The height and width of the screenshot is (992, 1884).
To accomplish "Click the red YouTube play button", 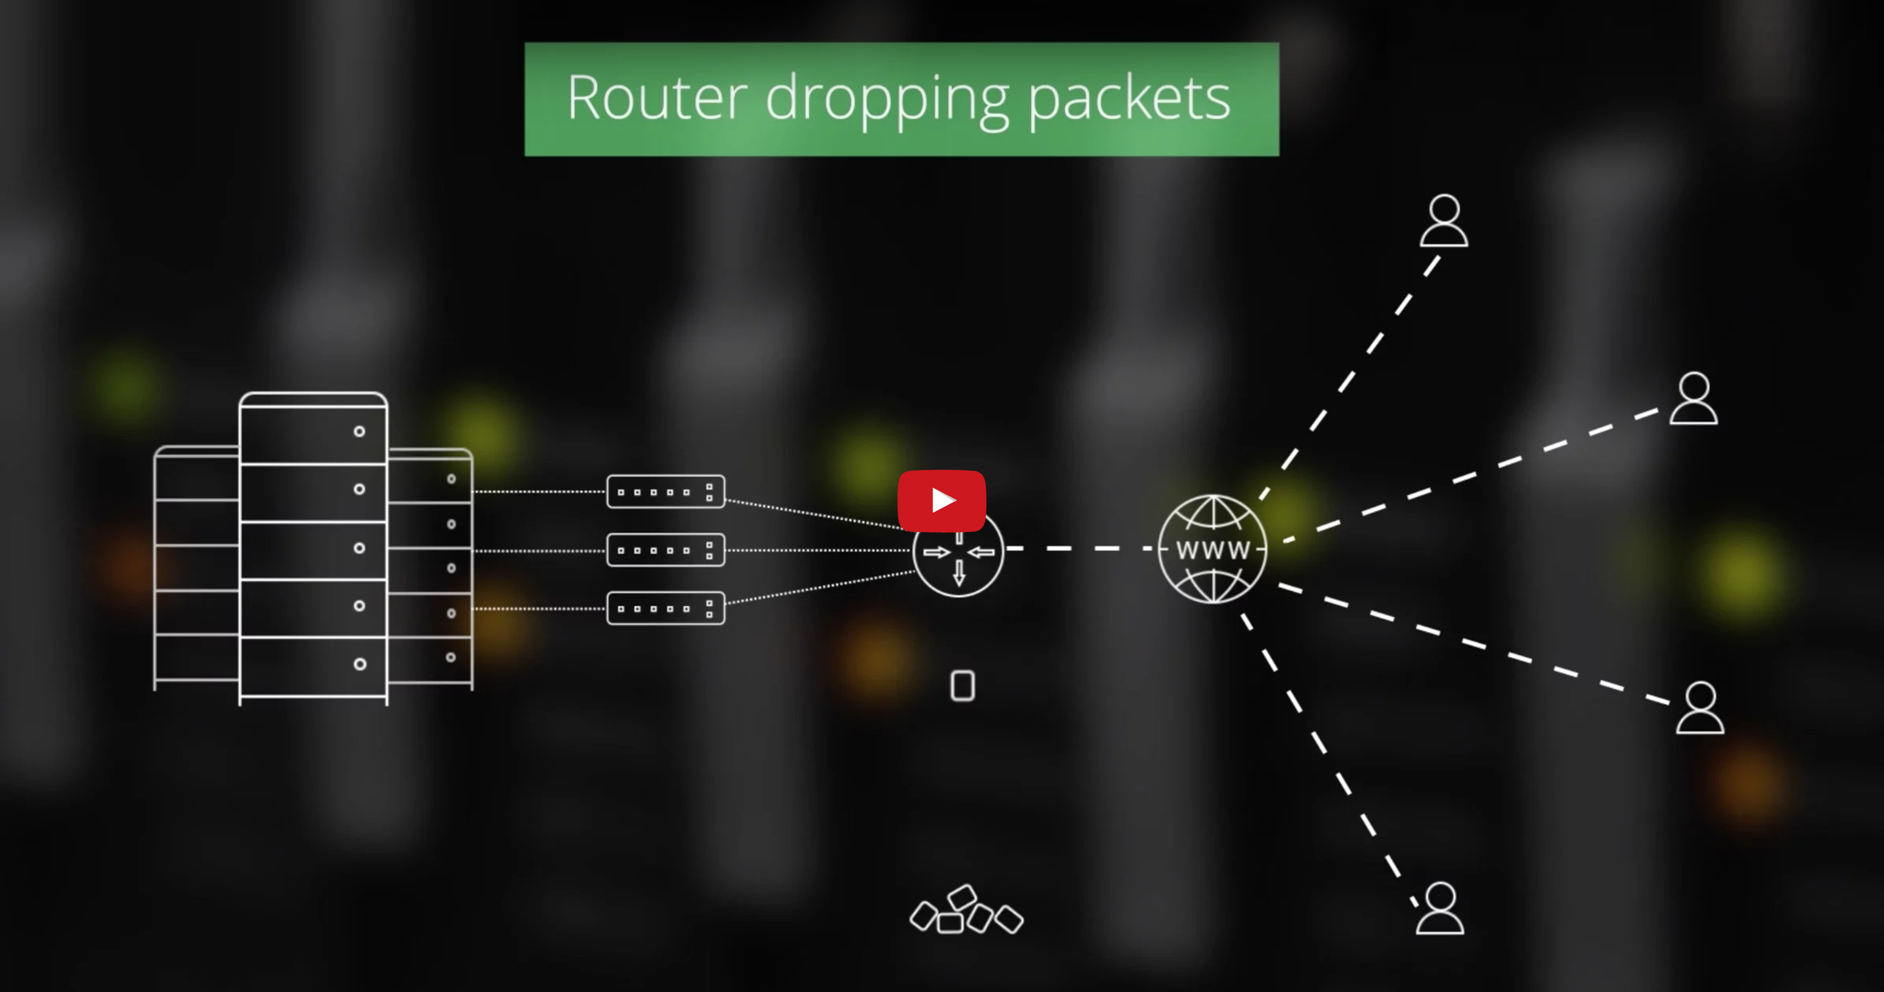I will pyautogui.click(x=941, y=501).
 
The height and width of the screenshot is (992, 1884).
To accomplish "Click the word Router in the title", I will pyautogui.click(x=657, y=98).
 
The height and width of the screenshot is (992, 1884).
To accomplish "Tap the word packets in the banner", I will pyautogui.click(x=1129, y=99).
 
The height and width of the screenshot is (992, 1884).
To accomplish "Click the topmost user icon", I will pyautogui.click(x=1444, y=221).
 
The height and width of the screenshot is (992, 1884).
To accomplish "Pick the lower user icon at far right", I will pyautogui.click(x=1700, y=707).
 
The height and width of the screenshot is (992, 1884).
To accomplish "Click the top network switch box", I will pyautogui.click(x=665, y=491).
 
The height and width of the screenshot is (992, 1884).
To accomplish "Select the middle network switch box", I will pyautogui.click(x=665, y=550).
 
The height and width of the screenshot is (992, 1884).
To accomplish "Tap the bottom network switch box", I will pyautogui.click(x=665, y=609).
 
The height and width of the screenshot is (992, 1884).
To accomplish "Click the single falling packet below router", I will pyautogui.click(x=962, y=686).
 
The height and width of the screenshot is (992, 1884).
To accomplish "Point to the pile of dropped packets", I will pyautogui.click(x=966, y=912).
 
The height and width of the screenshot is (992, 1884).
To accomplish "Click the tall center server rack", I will pyautogui.click(x=313, y=548).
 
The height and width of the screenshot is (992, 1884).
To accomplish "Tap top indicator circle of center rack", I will pyautogui.click(x=359, y=431).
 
